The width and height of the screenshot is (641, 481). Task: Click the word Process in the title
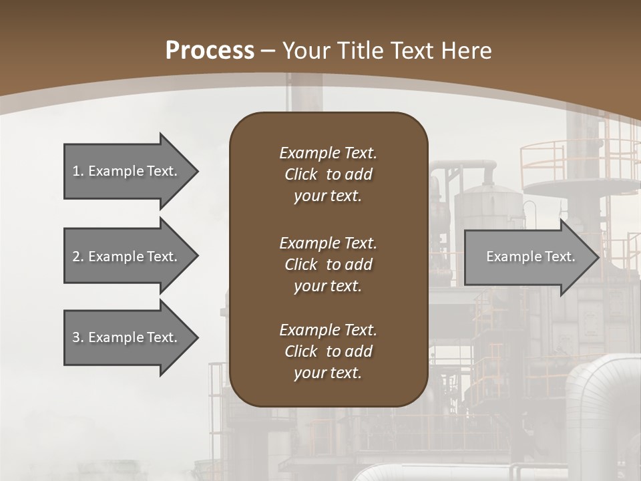point(209,51)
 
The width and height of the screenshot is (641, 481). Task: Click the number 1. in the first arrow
point(77,171)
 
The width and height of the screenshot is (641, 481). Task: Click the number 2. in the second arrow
point(77,257)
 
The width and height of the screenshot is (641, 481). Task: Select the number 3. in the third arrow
point(77,337)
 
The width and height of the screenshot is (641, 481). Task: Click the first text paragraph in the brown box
point(328,174)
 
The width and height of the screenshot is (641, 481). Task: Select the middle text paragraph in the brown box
point(328,265)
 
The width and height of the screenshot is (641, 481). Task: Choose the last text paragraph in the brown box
point(328,351)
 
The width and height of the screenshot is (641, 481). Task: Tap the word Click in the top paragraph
point(300,174)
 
